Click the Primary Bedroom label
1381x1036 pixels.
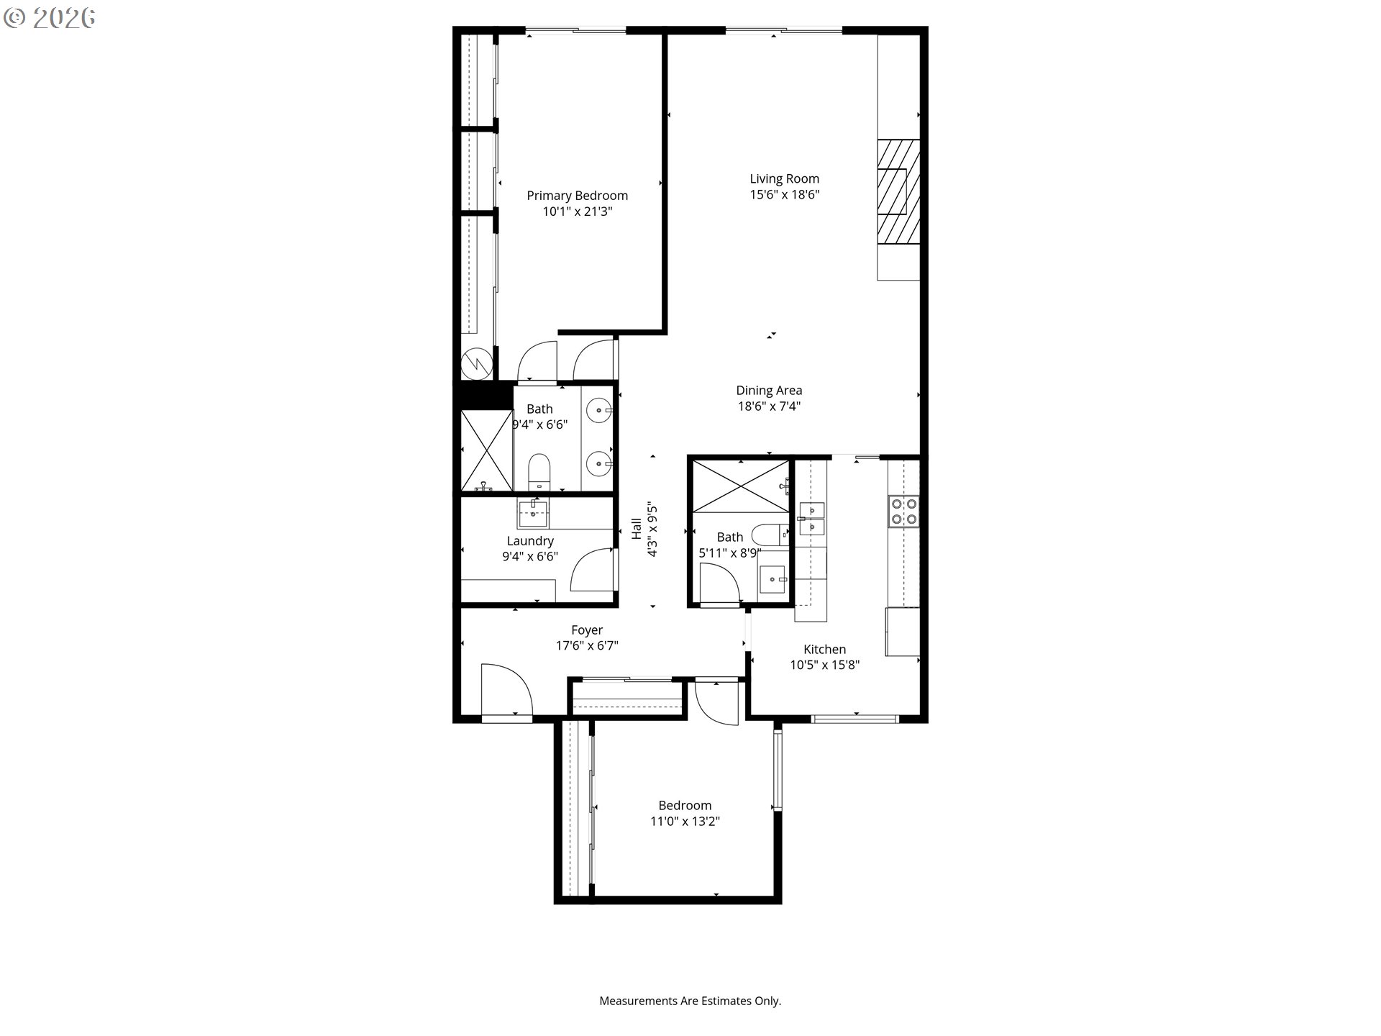tap(577, 196)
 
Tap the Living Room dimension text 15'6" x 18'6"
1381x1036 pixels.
tap(784, 194)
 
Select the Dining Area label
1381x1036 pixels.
tap(769, 391)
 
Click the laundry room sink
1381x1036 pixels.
tap(532, 514)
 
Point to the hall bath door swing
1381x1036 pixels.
tap(720, 583)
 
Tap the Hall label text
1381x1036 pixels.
tap(637, 529)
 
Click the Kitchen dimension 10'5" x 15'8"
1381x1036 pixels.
tap(824, 665)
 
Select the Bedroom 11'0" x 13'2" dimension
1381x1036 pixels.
tap(685, 822)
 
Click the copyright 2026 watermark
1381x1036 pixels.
tap(49, 19)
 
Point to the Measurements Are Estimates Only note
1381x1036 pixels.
tap(690, 1001)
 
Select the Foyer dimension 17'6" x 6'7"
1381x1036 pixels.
tap(587, 646)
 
